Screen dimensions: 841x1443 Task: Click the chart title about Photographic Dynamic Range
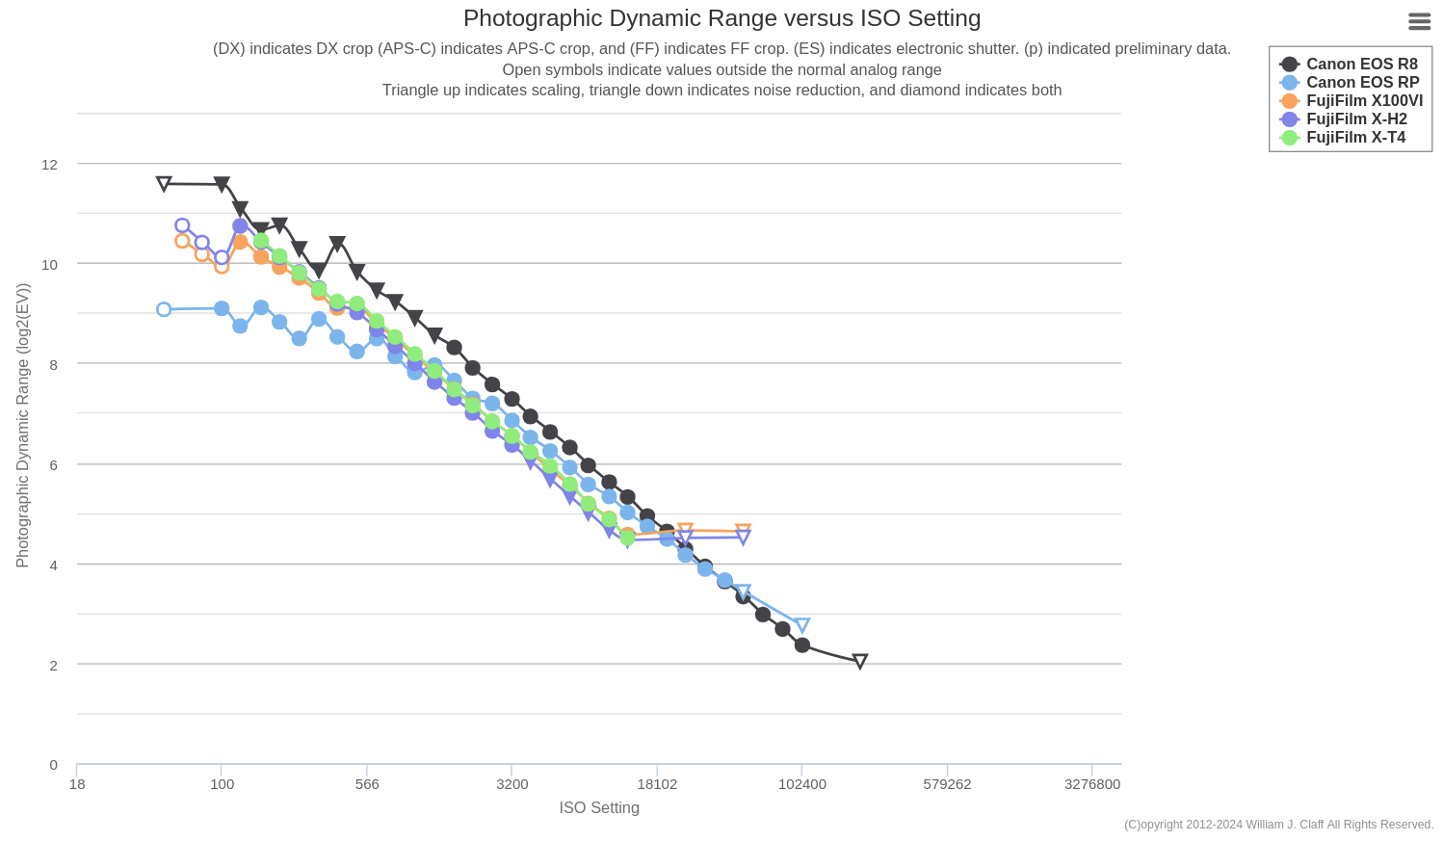click(x=721, y=18)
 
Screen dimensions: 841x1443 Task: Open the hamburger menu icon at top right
click(x=1419, y=21)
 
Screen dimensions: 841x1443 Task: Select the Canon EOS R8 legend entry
click(x=1361, y=65)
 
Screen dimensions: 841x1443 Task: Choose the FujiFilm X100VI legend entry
click(x=1364, y=101)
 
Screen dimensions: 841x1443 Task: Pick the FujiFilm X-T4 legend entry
click(x=1355, y=138)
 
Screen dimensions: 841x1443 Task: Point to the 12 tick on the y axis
click(x=49, y=165)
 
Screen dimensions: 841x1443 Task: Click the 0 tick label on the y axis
click(x=53, y=765)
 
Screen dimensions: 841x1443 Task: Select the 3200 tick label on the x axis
click(x=512, y=784)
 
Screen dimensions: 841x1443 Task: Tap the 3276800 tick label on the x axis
click(x=1091, y=784)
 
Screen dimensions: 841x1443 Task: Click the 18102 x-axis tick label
click(x=657, y=784)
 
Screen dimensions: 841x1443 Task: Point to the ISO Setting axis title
click(x=599, y=807)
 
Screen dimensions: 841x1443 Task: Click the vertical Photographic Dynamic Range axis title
click(x=22, y=425)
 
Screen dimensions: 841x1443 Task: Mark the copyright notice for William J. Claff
click(x=1278, y=825)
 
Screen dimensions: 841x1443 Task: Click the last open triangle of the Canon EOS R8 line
click(x=860, y=661)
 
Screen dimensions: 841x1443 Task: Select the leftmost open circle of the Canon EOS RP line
click(x=164, y=309)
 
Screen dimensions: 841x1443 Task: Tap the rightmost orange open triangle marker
click(x=743, y=531)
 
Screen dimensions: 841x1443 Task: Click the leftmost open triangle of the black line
click(x=164, y=183)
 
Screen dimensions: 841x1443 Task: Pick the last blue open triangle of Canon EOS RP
click(x=801, y=625)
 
